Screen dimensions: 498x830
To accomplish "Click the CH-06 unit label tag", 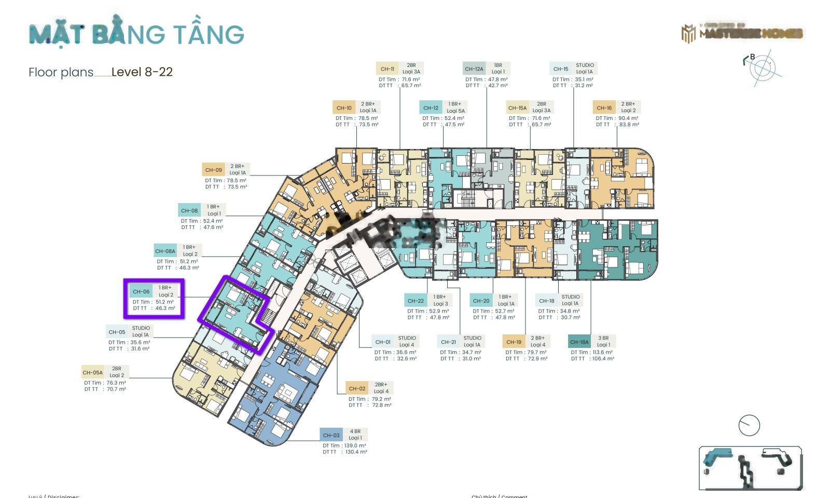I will (141, 291).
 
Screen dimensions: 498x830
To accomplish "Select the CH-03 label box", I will (331, 435).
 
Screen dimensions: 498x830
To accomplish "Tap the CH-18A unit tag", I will (579, 342).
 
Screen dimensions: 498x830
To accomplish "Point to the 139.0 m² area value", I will (354, 446).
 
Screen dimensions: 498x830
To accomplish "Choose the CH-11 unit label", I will (387, 69).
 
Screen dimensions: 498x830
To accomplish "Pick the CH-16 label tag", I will (604, 108).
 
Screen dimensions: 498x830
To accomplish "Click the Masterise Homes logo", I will (742, 34).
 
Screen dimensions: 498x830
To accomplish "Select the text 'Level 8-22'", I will (142, 72).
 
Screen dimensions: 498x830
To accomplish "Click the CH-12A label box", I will (474, 69).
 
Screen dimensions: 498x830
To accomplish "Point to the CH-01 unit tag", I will (383, 342).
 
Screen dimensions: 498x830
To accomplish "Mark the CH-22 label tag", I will (416, 301).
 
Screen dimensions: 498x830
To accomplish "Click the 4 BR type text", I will (355, 432).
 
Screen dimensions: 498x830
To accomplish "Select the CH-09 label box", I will (213, 170).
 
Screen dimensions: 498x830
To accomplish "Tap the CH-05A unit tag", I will (93, 372).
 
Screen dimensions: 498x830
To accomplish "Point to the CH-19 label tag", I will (514, 342).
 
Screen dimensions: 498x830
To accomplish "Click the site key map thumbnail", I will (750, 468).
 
